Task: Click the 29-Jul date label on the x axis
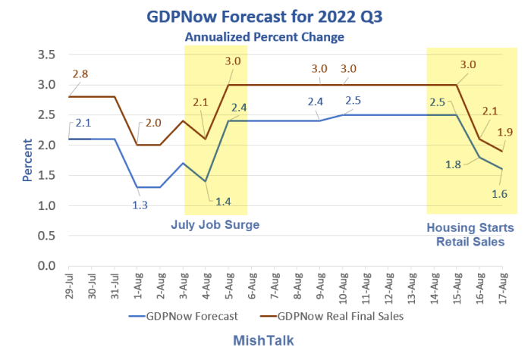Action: click(x=68, y=286)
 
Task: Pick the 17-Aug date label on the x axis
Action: click(x=502, y=286)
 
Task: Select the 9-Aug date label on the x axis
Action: click(x=319, y=286)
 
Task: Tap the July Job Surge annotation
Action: click(x=215, y=225)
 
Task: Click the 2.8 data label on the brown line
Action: click(x=80, y=74)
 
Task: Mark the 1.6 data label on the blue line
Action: click(x=477, y=195)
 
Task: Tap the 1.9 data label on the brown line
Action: click(x=504, y=132)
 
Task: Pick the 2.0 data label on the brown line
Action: click(x=153, y=124)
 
